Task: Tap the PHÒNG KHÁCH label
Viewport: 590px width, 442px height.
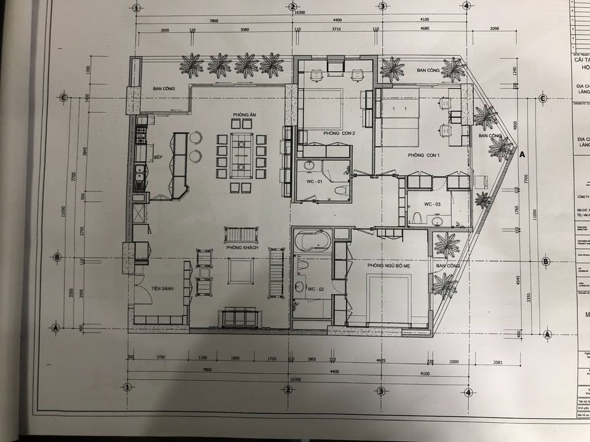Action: pos(242,247)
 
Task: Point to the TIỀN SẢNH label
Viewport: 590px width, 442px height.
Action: pos(165,289)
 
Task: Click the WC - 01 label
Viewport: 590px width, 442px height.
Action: pos(315,182)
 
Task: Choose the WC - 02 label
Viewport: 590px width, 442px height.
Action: pos(315,289)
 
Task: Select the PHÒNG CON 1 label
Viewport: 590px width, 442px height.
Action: pos(425,155)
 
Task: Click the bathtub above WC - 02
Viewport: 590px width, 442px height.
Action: pos(313,241)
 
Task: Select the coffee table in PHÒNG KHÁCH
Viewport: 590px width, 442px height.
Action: pos(241,271)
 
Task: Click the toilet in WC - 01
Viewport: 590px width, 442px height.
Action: pos(339,189)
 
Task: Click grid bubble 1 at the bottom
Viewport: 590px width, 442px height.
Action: pos(128,387)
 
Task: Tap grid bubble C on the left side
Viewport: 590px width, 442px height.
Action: pos(63,97)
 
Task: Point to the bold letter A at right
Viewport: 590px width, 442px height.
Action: pos(522,155)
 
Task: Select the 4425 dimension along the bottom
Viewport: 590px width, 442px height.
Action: pos(381,362)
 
